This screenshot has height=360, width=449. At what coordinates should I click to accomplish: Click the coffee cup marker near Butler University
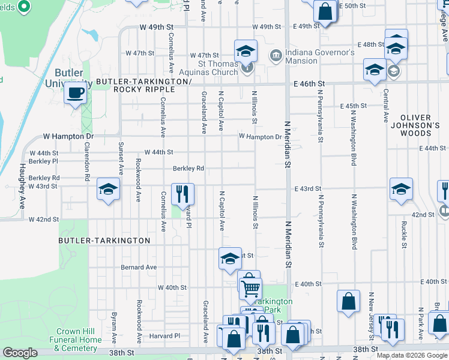pos(76,93)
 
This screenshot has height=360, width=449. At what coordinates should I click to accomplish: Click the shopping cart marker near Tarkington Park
pos(250,288)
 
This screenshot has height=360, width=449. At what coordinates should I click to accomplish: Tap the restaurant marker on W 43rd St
pos(183,193)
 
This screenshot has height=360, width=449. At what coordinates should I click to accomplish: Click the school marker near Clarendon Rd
pos(108,190)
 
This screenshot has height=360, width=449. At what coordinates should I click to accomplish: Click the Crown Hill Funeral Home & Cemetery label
pos(78,340)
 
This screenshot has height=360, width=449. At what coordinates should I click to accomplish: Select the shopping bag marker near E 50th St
pos(325,11)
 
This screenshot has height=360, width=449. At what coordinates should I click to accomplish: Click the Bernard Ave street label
pos(139,267)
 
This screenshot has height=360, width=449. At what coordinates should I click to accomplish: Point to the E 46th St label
pos(309,84)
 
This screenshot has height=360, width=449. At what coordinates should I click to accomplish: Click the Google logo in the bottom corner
pos(20,353)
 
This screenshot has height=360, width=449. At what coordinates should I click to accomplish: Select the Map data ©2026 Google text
pos(412,355)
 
